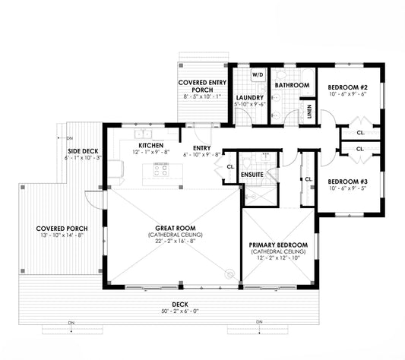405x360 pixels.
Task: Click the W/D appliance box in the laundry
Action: (258, 75)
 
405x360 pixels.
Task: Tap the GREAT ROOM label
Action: (176, 229)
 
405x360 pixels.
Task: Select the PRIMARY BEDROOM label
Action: (278, 245)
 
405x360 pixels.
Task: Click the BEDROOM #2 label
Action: (348, 87)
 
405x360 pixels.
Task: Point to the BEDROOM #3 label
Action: (348, 182)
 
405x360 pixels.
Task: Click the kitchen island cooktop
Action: (161, 170)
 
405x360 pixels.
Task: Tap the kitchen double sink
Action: (143, 134)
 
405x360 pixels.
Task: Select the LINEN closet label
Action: (309, 112)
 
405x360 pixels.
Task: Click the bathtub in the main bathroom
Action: (308, 82)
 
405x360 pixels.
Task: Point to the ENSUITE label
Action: (252, 175)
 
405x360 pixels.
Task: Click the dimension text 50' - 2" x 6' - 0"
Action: (180, 311)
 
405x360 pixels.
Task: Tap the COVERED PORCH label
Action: (62, 229)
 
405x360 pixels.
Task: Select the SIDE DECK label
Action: (83, 151)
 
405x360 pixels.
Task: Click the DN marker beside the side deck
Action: (70, 138)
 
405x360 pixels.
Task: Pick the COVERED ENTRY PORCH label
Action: (202, 87)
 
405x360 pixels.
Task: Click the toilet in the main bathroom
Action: (280, 75)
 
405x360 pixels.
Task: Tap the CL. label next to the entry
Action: (230, 167)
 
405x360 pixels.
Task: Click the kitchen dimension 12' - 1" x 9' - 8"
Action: (151, 152)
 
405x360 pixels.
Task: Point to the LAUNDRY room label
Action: (250, 98)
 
